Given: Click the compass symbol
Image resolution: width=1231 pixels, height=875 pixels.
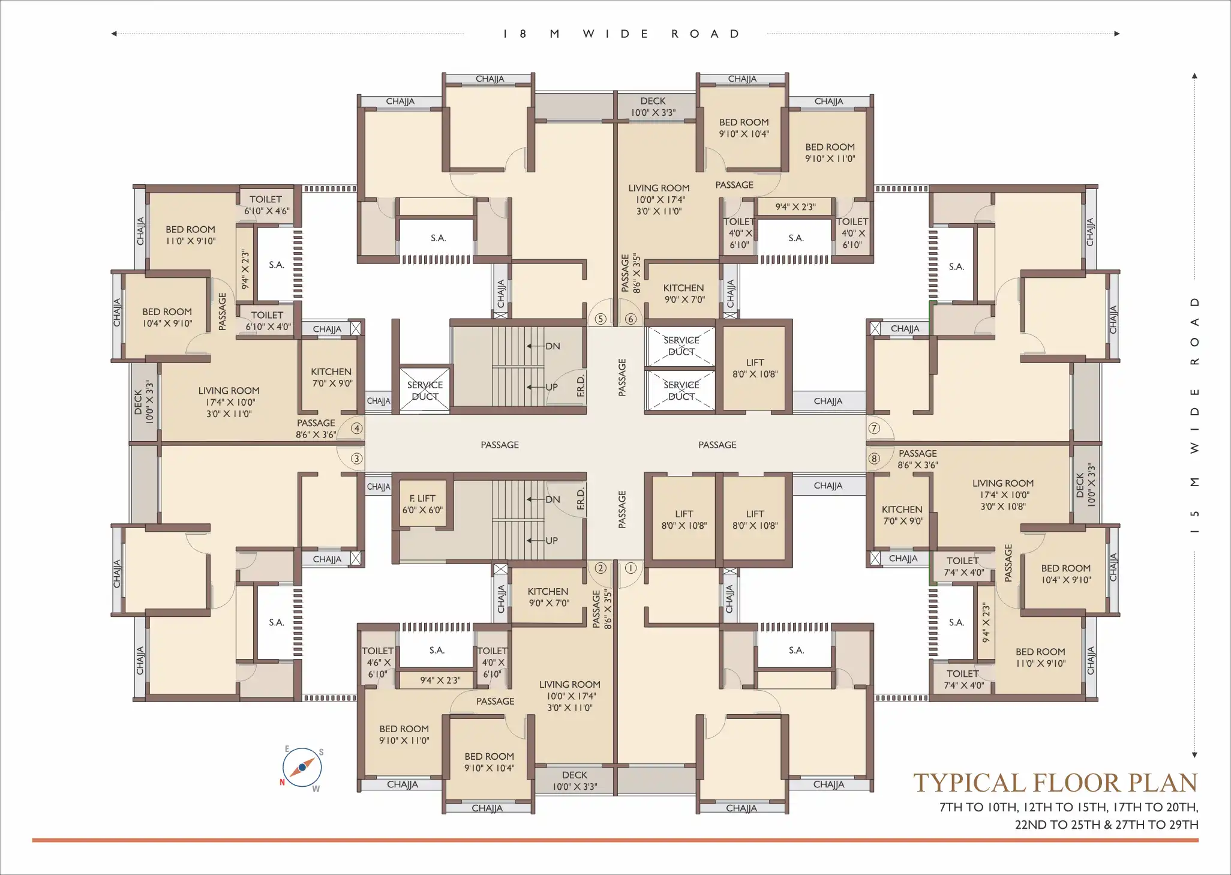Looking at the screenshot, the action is pos(302,768).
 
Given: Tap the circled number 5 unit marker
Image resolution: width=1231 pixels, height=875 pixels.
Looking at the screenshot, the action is pos(601,319).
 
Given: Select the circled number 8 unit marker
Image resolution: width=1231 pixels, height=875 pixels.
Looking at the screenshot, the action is pos(874,459).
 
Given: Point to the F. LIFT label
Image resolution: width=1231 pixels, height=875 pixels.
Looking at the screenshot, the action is pos(422,498).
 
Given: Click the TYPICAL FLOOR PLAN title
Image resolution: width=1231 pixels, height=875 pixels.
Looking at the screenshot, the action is pos(1055,783).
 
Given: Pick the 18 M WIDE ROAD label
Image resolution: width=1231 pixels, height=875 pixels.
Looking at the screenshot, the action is pos(621,34).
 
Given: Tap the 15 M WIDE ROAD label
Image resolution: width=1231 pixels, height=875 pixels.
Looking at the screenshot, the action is pos(1195,415).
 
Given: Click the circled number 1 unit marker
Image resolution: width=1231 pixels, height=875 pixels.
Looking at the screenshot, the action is pos(630,568).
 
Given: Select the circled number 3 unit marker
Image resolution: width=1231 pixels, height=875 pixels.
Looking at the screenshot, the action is pos(357,459).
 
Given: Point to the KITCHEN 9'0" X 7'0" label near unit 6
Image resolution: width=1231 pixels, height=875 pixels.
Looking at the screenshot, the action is pos(684,293).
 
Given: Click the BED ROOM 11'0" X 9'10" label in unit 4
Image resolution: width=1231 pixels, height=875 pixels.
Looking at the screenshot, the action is pos(190,235).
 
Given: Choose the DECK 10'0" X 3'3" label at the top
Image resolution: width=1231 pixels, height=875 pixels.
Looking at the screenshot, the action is pos(653,107).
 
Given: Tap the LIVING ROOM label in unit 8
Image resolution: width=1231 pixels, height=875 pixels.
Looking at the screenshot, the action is pos(1003,483).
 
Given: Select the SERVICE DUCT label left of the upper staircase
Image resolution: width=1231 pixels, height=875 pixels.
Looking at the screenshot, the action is pos(425,391).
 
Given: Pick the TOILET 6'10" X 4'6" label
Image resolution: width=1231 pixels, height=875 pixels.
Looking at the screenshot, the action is pos(266,205).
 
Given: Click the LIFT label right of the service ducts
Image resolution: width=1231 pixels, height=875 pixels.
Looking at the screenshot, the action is pos(755,368).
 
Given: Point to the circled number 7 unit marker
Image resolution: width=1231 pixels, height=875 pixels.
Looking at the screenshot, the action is pos(874,428).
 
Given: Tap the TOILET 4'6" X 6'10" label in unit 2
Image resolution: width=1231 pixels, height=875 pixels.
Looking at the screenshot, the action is pos(377,663).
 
